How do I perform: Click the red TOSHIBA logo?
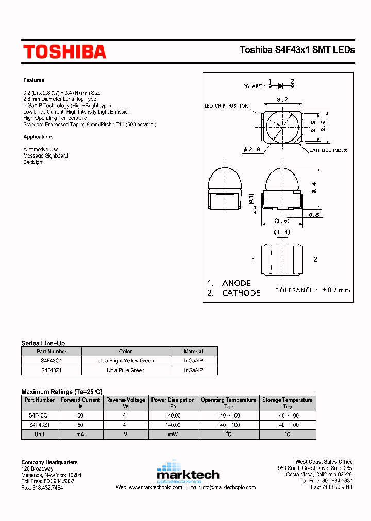coord(64,51)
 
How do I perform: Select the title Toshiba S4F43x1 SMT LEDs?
coord(297,50)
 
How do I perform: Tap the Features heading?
coord(33,80)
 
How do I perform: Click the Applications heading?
coord(38,137)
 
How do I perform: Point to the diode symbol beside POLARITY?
coord(281,86)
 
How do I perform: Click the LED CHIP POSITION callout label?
coord(226,106)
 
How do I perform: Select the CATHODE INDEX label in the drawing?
coord(328,150)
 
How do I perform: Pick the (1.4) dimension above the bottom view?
coord(281,233)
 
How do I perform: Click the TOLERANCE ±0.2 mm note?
coord(313,290)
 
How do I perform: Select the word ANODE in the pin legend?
coord(236,283)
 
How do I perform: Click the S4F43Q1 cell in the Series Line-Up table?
coord(51,361)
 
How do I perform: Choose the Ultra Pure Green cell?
coord(126,370)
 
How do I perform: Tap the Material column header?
coord(193,352)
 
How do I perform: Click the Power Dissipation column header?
coord(173,400)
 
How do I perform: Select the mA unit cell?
coord(80,434)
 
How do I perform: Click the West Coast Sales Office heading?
coord(324,462)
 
